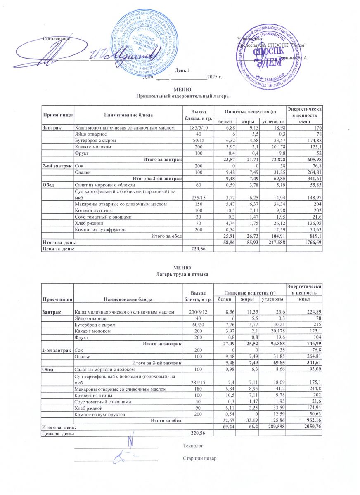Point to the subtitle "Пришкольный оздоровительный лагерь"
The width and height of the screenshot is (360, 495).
(x=182, y=96)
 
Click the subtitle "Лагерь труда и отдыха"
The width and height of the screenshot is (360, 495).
(x=182, y=274)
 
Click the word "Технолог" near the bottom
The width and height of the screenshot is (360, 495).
(x=193, y=446)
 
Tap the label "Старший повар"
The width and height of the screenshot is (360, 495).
(x=199, y=458)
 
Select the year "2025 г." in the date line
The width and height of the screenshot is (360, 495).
(x=215, y=77)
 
